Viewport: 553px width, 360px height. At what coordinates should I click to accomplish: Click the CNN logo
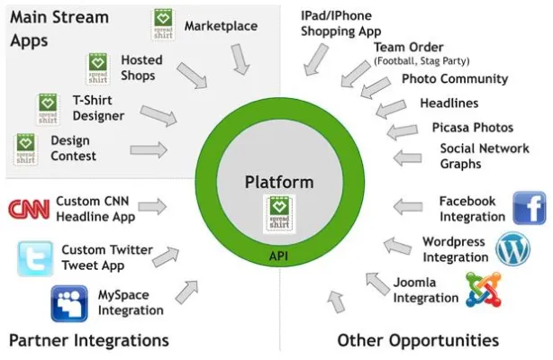(29, 209)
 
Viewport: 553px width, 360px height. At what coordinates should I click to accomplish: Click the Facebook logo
(530, 208)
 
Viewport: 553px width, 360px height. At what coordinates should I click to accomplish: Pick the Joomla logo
(482, 291)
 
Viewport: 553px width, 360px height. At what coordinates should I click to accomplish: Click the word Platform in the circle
(279, 183)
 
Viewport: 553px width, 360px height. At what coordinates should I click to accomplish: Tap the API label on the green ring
(279, 256)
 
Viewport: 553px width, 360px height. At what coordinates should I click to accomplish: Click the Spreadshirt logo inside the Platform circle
(279, 212)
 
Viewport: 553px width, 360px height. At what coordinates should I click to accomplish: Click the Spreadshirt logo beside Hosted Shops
(97, 68)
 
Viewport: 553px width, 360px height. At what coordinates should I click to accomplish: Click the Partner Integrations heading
(88, 340)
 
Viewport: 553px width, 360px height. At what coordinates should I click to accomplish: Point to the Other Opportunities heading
(418, 340)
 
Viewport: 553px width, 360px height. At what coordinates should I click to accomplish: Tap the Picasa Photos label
(472, 128)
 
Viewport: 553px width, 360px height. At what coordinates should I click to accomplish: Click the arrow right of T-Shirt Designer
(159, 115)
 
